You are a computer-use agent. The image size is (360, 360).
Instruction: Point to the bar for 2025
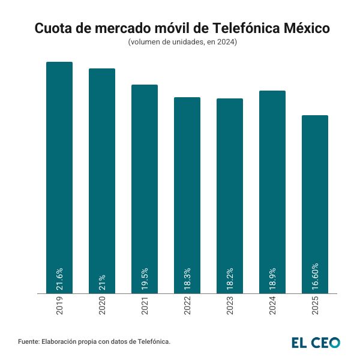(x=315, y=198)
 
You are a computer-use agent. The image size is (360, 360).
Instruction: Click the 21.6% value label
(x=59, y=278)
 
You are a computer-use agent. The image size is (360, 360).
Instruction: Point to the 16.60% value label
(x=315, y=277)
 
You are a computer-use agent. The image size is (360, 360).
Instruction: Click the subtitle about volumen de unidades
(x=182, y=43)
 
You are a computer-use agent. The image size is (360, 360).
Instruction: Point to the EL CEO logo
(x=316, y=342)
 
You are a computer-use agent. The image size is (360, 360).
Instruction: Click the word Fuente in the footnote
(x=28, y=341)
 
